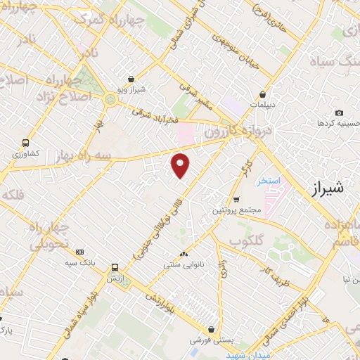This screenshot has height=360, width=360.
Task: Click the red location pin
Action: (181, 165)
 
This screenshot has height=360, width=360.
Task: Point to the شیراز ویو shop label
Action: (131, 90)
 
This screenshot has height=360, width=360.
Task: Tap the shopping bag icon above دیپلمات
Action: (263, 94)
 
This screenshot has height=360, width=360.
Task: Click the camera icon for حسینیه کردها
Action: (340, 112)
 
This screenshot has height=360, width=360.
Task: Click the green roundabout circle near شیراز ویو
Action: (109, 101)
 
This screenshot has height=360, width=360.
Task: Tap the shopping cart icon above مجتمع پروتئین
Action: (236, 199)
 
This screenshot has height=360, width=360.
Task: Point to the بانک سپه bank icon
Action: (79, 252)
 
